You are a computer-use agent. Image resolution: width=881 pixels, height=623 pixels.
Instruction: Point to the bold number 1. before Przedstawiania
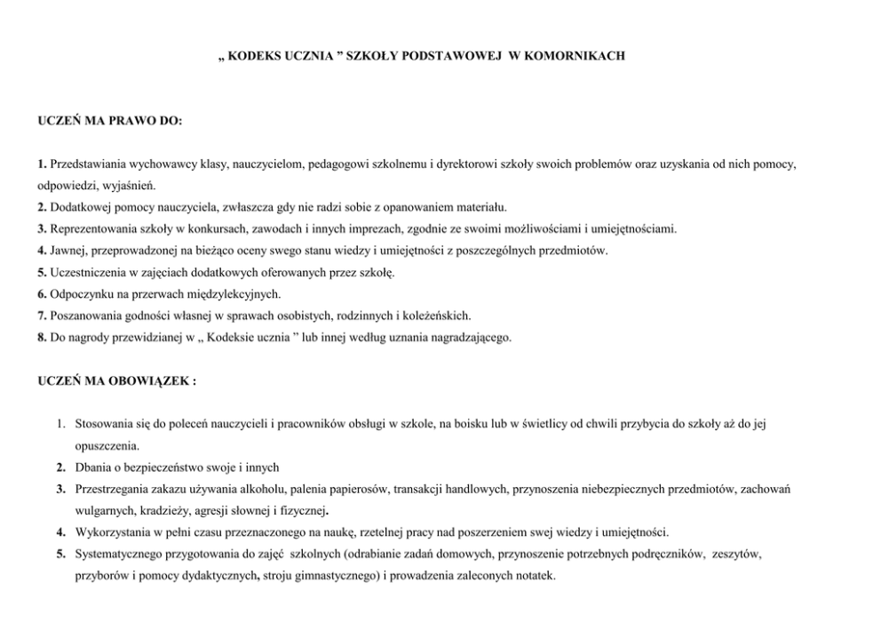tap(42, 165)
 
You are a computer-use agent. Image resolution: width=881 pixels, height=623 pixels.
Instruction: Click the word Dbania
tap(91, 467)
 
